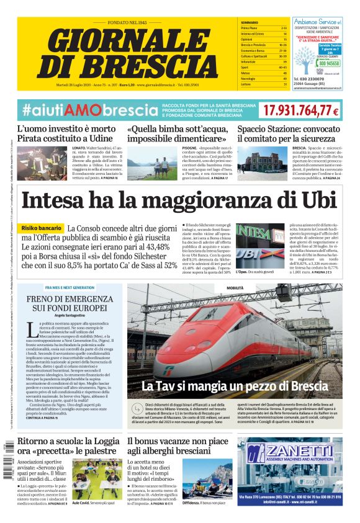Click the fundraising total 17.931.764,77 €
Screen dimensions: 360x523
tap(300, 110)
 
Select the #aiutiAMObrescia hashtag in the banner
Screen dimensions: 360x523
tap(89, 110)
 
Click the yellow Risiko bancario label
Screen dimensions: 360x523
tap(43, 228)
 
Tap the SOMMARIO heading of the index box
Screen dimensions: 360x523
tap(249, 22)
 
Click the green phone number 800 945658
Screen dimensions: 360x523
tap(328, 63)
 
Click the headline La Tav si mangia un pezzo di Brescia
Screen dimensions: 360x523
tap(235, 386)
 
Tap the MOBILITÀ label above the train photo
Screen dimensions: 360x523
tap(235, 288)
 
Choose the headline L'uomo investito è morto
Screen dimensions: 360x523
tap(66, 129)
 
